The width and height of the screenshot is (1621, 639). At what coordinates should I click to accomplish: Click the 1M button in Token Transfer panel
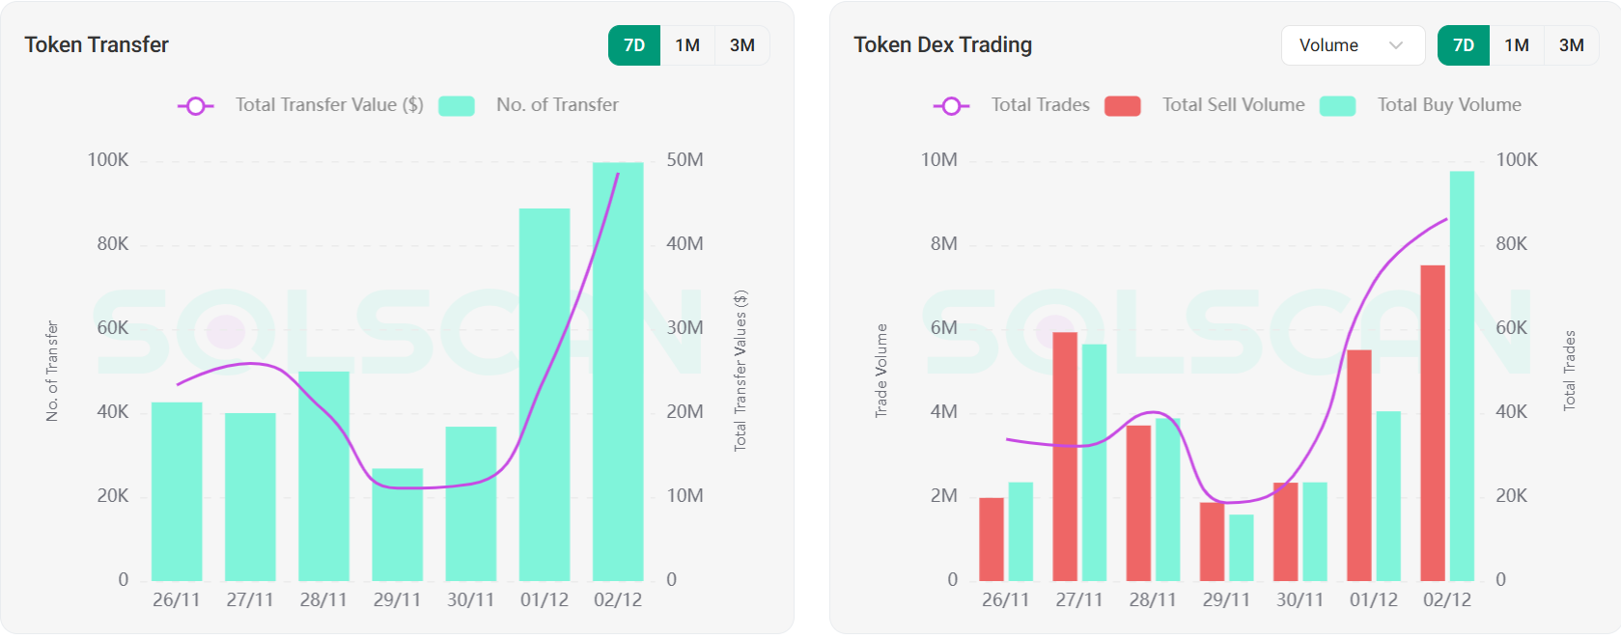pos(687,45)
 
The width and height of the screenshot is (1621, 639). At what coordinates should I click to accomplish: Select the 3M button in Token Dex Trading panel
pos(1571,45)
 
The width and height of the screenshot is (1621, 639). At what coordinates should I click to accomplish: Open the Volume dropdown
pos(1352,45)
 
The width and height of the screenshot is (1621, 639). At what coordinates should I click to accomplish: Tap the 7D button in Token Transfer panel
pos(634,45)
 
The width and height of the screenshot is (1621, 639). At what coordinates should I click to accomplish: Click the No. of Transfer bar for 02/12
pos(618,372)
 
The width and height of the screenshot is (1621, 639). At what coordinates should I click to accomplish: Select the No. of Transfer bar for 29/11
pos(397,524)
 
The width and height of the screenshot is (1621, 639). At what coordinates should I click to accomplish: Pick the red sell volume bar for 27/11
pos(1065,456)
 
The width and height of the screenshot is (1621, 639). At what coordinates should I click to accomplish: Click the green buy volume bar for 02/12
pos(1462,376)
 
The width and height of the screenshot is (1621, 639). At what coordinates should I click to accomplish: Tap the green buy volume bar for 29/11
pos(1242,547)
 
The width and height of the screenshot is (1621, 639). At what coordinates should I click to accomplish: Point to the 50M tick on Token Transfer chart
pos(685,160)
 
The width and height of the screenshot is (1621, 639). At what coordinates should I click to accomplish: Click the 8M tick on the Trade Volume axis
pos(943,244)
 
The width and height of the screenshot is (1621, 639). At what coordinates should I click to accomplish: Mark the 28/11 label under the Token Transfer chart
pos(323,599)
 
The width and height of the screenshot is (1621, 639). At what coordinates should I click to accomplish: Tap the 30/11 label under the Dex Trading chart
pos(1300,599)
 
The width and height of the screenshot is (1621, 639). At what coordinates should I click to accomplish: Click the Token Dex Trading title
pos(942,45)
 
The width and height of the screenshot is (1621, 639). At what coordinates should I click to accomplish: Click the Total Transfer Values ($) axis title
pos(741,371)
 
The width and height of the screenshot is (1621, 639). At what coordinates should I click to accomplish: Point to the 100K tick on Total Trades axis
pos(1516,160)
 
